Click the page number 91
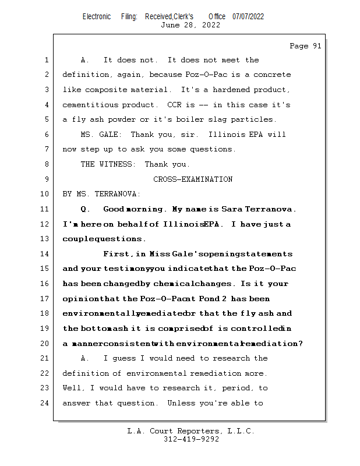point(317,46)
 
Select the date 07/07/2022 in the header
point(248,17)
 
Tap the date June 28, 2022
point(190,25)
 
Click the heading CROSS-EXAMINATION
point(193,179)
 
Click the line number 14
point(44,254)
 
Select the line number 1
point(47,60)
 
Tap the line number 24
point(44,403)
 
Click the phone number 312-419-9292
point(191,439)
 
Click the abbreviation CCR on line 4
point(174,105)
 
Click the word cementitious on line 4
point(90,105)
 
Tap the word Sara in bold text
point(232,209)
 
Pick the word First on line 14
point(116,254)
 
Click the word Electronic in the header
point(97,17)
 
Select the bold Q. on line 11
point(84,209)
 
